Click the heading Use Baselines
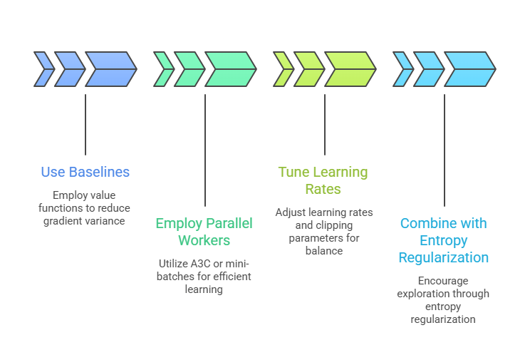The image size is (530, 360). [x=85, y=172]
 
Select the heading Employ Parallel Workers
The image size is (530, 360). [x=204, y=232]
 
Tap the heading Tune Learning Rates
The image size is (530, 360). [x=323, y=180]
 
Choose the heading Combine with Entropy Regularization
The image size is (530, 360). [x=444, y=240]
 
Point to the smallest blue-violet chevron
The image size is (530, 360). [x=43, y=69]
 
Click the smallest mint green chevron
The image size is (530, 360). [x=163, y=69]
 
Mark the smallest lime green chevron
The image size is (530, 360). [x=283, y=69]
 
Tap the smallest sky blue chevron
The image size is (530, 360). [x=402, y=69]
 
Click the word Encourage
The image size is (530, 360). [x=444, y=281]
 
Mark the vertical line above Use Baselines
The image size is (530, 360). [x=85, y=125]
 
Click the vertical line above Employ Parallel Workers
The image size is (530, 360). [x=205, y=150]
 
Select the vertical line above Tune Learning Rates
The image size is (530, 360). [x=325, y=125]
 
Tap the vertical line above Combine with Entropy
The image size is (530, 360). [x=445, y=150]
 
